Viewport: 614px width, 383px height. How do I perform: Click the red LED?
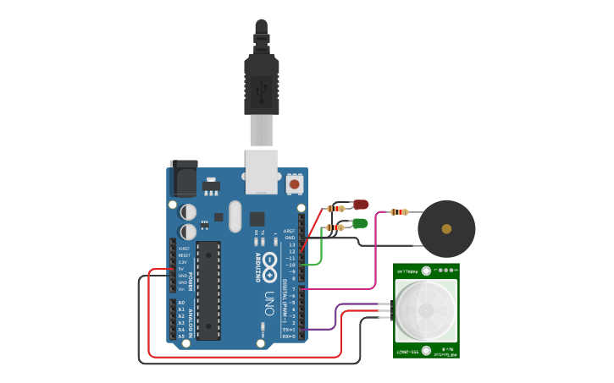362,205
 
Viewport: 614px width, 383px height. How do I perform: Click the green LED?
360,223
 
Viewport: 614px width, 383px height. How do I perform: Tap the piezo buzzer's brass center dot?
446,227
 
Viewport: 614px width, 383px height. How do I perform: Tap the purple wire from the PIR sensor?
339,316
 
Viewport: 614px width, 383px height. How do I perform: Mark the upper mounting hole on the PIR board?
427,271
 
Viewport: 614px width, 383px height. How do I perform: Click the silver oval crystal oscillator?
235,216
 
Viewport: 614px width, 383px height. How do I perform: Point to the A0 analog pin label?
181,303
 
